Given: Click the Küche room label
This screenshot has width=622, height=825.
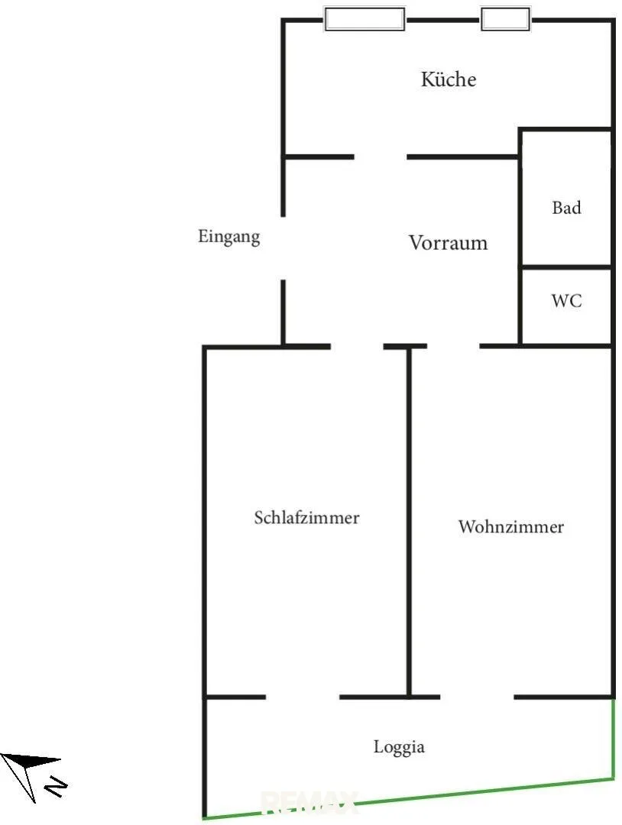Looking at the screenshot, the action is [449, 79].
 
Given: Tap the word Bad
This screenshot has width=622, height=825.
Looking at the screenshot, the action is [566, 207].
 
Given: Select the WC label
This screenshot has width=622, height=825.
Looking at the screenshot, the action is [566, 300].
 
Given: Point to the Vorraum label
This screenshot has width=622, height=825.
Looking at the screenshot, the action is [448, 243].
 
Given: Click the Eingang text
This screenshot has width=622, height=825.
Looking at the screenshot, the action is [229, 237].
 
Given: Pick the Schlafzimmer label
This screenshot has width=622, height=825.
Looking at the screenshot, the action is [306, 517].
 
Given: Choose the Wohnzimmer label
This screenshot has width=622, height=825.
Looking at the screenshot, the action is [511, 526].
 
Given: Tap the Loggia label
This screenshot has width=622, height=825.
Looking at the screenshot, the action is [399, 747].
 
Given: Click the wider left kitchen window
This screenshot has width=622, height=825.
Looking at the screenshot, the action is [364, 19].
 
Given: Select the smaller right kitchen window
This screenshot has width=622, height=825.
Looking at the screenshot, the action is [505, 19].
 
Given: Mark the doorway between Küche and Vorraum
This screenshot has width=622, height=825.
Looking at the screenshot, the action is [381, 157].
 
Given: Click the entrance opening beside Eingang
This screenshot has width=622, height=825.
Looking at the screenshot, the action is [283, 247].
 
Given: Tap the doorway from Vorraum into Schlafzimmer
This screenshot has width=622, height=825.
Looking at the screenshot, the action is [357, 346].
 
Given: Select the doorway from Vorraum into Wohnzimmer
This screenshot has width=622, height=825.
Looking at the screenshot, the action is [453, 346].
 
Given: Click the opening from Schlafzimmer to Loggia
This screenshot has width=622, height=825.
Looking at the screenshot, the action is [303, 697].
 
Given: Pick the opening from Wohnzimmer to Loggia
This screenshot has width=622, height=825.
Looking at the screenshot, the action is [477, 697].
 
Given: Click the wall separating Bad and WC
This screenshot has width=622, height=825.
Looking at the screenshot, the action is [566, 267].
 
